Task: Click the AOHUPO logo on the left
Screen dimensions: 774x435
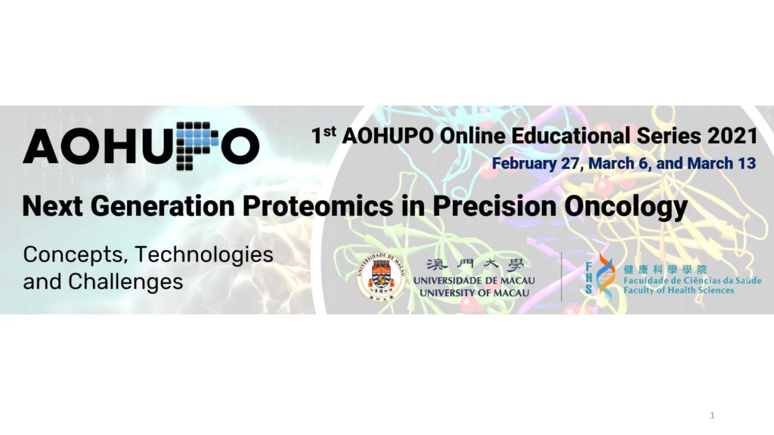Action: [141, 146]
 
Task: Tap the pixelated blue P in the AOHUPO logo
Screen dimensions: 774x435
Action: [197, 146]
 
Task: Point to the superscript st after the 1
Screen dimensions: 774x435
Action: [330, 131]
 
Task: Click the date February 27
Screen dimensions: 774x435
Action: [535, 163]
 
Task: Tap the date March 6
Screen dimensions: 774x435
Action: [618, 163]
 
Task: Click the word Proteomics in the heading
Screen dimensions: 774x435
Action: [318, 206]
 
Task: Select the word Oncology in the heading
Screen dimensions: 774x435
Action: [626, 207]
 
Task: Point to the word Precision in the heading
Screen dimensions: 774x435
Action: [494, 205]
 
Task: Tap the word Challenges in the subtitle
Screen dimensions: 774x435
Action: [125, 282]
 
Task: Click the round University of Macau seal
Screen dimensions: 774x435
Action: [381, 278]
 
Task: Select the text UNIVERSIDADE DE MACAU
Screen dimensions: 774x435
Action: [474, 281]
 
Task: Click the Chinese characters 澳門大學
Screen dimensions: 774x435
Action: [475, 265]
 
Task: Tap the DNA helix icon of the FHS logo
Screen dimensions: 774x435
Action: [605, 277]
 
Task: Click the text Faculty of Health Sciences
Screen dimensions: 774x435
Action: [679, 290]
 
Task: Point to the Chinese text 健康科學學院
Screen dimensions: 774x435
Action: [665, 270]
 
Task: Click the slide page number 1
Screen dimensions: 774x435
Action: [712, 415]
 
